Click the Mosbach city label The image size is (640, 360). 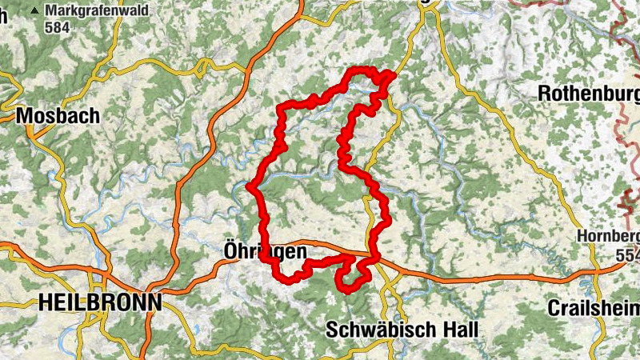coord(58,115)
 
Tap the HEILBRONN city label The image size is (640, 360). coord(100,302)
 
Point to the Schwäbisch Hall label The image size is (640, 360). coord(402,329)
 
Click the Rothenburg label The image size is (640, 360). coord(588,93)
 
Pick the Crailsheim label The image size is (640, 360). coord(594,308)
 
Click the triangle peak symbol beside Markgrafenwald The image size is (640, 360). coord(35,11)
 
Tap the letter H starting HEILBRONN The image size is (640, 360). coord(45,302)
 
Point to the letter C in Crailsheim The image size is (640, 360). coord(554,308)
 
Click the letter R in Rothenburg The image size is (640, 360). coord(545,93)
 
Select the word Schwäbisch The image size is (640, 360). coord(381,329)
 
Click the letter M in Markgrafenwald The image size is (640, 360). coord(51,10)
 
